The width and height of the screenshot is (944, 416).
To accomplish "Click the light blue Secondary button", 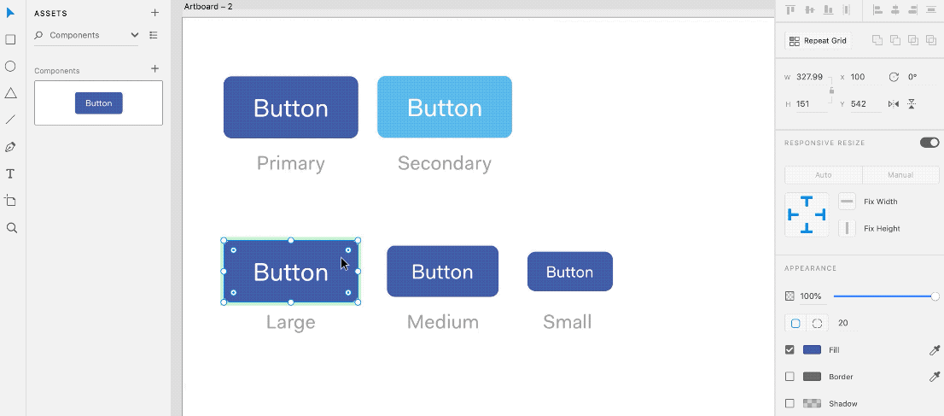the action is tap(445, 107).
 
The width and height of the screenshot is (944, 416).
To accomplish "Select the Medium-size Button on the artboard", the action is tap(442, 272).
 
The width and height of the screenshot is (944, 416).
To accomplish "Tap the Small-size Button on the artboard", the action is tap(570, 272).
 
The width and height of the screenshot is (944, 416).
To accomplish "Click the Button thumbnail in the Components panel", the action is tap(99, 103).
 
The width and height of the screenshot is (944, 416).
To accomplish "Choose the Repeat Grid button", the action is tap(819, 41).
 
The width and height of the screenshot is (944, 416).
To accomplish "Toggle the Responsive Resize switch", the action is tap(929, 143).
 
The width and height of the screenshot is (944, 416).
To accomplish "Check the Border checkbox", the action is tap(790, 377).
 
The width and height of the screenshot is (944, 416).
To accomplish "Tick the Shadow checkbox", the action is tap(790, 403).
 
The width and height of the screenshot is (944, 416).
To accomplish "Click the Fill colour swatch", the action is tap(813, 349).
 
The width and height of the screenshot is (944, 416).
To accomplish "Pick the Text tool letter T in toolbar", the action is tap(10, 174).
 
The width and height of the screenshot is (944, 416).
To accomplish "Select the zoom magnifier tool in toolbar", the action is tap(11, 228).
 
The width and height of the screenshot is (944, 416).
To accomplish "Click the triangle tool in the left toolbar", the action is tap(10, 93).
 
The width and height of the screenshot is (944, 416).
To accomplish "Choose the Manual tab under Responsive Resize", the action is tap(900, 175).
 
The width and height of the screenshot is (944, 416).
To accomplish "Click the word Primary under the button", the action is tap(291, 163).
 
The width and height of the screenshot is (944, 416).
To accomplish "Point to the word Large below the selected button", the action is tap(291, 322).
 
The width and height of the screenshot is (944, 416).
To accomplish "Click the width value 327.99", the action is tap(809, 77).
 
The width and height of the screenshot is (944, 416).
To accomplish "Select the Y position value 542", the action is tap(858, 103).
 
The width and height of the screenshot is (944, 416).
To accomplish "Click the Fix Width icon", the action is tap(847, 202).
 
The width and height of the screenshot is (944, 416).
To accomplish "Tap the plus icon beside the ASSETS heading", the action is tap(154, 13).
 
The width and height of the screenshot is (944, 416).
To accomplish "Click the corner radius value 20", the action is tap(843, 323).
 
